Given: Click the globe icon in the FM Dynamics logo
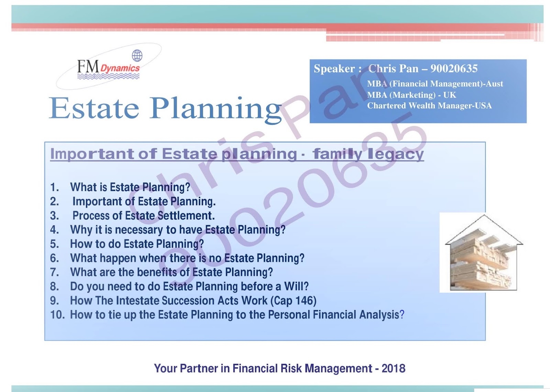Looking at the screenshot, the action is pyautogui.click(x=137, y=55).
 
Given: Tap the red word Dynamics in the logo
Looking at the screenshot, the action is pyautogui.click(x=120, y=68).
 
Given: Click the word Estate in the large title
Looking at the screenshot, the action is pyautogui.click(x=94, y=108).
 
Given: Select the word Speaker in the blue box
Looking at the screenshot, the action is pyautogui.click(x=334, y=69).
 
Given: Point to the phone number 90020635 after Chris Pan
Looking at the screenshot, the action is pyautogui.click(x=454, y=68).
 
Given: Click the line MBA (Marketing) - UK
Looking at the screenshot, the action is pyautogui.click(x=411, y=95).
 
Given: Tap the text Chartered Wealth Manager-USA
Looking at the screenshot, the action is pyautogui.click(x=429, y=106).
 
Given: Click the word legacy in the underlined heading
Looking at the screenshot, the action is pyautogui.click(x=396, y=154).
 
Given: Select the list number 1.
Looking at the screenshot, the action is pyautogui.click(x=54, y=187).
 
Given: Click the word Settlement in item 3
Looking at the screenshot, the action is pyautogui.click(x=186, y=216).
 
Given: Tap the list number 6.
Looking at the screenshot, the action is pyautogui.click(x=54, y=258).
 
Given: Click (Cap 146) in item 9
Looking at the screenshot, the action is pyautogui.click(x=293, y=301).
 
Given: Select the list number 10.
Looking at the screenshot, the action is pyautogui.click(x=57, y=315).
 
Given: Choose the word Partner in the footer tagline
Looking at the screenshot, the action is pyautogui.click(x=199, y=368).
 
